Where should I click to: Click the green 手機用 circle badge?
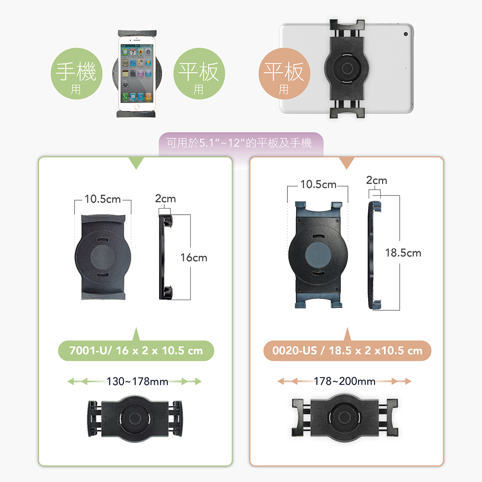pos(77,74)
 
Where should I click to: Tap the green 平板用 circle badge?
pos(199,74)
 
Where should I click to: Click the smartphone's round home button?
pos(137,106)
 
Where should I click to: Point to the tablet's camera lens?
pos(406,34)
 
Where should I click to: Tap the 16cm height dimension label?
pos(194,258)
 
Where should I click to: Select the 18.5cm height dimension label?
pos(403,253)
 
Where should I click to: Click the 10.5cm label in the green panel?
pos(103,199)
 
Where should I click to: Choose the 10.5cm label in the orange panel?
pos(318,184)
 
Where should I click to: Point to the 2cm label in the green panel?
pos(165,199)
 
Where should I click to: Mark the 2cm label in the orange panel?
pos(376,181)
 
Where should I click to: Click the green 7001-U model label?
pos(136,351)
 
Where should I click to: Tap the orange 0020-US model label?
pos(347,351)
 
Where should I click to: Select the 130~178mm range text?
pos(137,382)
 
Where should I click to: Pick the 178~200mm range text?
pos(344,382)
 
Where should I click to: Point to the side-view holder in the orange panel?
pos(374,255)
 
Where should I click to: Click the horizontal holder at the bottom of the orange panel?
pos(345,417)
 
